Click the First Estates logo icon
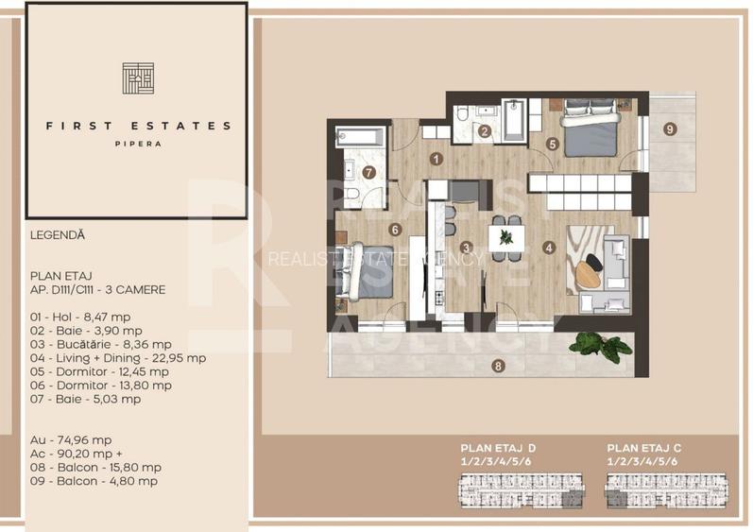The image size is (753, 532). [138, 78]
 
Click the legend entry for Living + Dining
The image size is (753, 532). [118, 358]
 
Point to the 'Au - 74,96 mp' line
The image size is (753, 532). [71, 440]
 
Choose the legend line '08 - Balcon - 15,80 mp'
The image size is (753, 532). [95, 467]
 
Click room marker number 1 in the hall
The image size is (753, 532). [436, 160]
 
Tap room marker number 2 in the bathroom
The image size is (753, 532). [484, 132]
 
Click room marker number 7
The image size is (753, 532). [369, 173]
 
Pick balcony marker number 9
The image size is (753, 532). [669, 129]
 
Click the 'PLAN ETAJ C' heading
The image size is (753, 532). [642, 448]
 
